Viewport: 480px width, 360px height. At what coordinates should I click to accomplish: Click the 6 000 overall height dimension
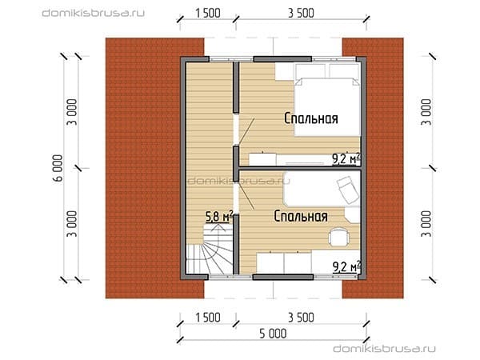[x=58, y=168]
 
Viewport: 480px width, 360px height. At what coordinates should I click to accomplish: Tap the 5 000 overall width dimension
[x=273, y=334]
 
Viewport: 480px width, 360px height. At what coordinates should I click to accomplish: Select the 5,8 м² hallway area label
[x=219, y=217]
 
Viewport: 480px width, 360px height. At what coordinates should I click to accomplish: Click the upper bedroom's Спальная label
[x=311, y=118]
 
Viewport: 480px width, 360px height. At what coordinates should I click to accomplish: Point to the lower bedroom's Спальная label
[x=301, y=216]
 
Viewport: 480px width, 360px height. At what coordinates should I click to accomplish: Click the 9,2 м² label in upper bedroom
[x=346, y=159]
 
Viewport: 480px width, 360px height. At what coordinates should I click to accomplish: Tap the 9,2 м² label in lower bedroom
[x=346, y=266]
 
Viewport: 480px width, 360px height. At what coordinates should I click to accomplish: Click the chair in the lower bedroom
[x=338, y=237]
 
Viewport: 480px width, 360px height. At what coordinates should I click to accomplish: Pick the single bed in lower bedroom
[x=322, y=189]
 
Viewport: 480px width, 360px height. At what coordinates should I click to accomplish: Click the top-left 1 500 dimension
[x=208, y=13]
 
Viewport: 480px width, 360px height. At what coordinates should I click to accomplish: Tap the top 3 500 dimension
[x=301, y=13]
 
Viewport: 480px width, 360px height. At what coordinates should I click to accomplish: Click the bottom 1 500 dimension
[x=208, y=318]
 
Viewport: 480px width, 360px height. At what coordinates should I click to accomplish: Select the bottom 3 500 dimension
[x=301, y=318]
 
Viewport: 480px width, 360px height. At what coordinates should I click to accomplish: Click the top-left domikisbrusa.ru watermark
[x=93, y=13]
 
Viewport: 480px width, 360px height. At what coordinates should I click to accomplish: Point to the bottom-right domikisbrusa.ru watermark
[x=384, y=349]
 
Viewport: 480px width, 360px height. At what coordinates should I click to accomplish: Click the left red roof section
[x=155, y=168]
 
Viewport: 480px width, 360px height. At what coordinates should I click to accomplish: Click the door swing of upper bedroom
[x=246, y=131]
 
